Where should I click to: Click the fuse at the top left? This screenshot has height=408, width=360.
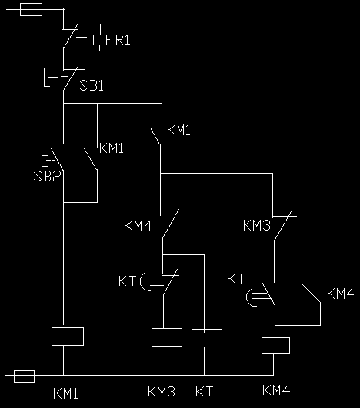pos(31,10)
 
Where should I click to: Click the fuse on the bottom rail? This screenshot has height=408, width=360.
pos(24,376)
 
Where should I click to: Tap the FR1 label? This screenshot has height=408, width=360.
pos(118,40)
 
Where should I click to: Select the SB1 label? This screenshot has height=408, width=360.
pos(92,85)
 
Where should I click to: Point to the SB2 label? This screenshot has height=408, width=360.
pos(47,176)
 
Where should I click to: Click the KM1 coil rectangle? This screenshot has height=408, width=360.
pos(68,337)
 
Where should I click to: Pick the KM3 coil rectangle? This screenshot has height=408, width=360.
pos(167,337)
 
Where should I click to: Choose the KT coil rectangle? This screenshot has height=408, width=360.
pos(207,338)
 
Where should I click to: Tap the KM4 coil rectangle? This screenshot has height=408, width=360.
pos(275,346)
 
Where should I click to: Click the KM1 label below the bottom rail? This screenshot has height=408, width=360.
pos(65,393)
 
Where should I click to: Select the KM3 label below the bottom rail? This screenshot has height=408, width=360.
pos(162,392)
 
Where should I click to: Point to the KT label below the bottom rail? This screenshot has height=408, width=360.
pos(204,392)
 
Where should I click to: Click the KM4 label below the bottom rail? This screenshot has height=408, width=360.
pos(276,390)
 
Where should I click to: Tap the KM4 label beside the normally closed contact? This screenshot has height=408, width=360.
pos(138,226)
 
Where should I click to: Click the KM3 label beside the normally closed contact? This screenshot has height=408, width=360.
pos(257,225)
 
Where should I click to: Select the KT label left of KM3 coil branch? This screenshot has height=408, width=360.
pos(128,281)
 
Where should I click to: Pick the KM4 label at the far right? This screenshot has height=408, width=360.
pos(341,294)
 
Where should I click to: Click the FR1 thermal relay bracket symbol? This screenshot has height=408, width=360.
pos(97,38)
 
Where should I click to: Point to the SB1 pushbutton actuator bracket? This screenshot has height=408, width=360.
pos(46,77)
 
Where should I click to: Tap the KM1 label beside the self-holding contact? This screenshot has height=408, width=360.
pos(112,148)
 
